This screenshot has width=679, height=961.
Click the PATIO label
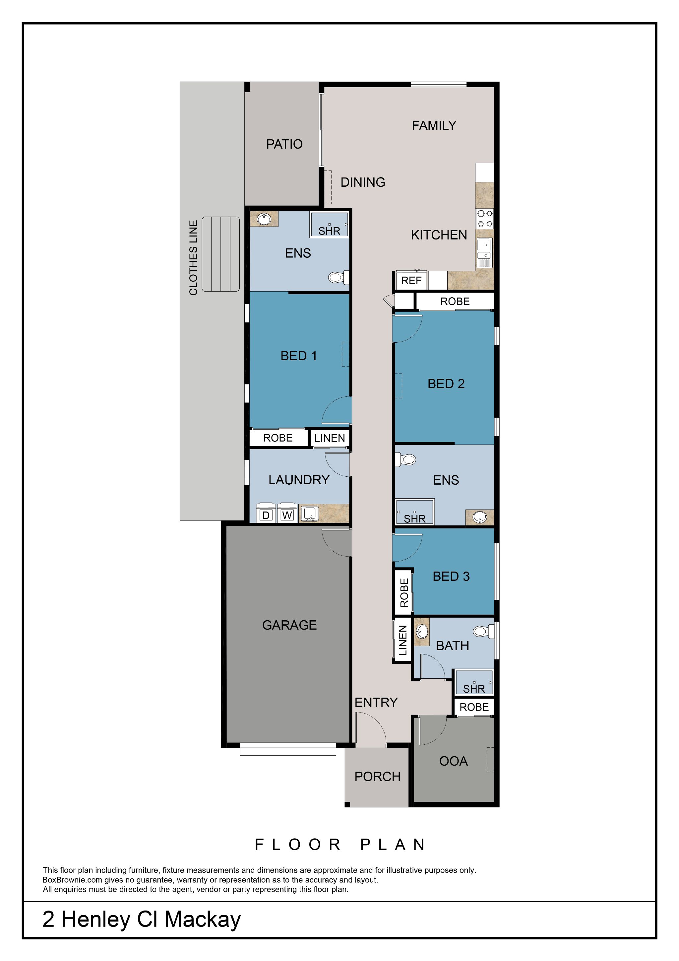point(284,144)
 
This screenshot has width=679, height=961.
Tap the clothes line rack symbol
point(220,254)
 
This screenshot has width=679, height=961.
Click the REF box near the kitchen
point(411,280)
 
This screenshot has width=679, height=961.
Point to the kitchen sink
point(484,249)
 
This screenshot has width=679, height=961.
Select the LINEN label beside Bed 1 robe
point(330,438)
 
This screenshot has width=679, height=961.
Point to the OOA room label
point(454,761)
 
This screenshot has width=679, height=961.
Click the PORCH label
point(377,777)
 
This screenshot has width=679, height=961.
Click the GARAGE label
point(289,625)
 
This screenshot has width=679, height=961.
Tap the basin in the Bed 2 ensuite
point(479,517)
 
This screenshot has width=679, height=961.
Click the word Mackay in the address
point(203,920)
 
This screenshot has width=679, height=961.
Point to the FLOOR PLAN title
point(340,845)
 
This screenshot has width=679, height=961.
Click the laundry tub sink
point(310,514)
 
